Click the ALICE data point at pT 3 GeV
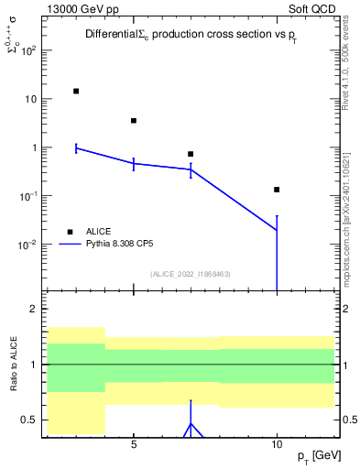[x=76, y=91]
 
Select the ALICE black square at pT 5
[x=134, y=120]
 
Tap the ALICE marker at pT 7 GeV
[x=191, y=154]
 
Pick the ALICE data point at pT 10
[x=277, y=190]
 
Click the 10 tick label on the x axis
[x=277, y=444]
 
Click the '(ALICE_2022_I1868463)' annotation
[x=190, y=274]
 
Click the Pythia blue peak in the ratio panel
[x=191, y=423]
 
